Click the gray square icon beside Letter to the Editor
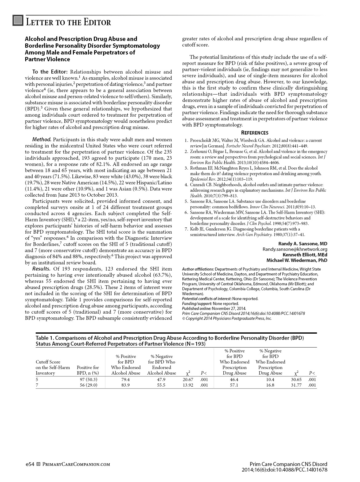(x=18, y=21)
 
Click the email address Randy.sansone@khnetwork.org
(x=295, y=249)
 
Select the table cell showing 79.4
(x=126, y=380)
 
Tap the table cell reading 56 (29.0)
(x=88, y=385)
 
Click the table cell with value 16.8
(x=270, y=385)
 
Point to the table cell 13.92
(x=188, y=385)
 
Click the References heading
(x=255, y=133)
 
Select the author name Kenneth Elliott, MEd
(x=305, y=255)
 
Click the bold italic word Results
(x=41, y=269)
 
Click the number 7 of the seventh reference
(x=186, y=229)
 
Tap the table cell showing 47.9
(x=162, y=380)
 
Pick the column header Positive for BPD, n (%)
(x=88, y=370)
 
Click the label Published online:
(x=197, y=308)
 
